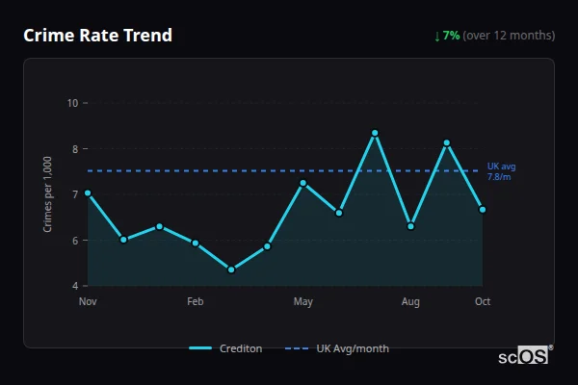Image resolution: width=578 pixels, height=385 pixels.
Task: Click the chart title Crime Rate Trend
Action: tap(97, 36)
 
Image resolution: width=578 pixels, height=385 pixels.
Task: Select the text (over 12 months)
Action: tap(509, 36)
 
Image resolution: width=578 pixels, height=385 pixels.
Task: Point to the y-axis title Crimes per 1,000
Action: tap(48, 194)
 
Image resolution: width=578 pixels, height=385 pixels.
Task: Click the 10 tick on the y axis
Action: tap(73, 103)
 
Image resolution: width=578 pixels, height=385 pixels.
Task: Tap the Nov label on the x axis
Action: tap(88, 302)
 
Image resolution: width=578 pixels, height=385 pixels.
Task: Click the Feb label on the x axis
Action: tap(196, 302)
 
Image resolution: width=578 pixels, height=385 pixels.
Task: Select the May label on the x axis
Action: tap(303, 302)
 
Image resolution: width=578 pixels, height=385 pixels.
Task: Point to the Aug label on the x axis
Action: tap(410, 302)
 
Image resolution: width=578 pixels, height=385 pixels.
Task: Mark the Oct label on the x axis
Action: tap(483, 302)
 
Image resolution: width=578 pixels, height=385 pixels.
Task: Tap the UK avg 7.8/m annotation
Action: tap(501, 171)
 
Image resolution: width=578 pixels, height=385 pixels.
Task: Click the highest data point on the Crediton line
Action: tap(375, 133)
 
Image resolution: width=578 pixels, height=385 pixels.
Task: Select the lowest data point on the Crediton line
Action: tap(231, 269)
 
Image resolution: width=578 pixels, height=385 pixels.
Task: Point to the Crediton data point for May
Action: tap(303, 183)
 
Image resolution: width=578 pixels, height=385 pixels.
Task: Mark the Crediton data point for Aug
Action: tap(410, 226)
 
